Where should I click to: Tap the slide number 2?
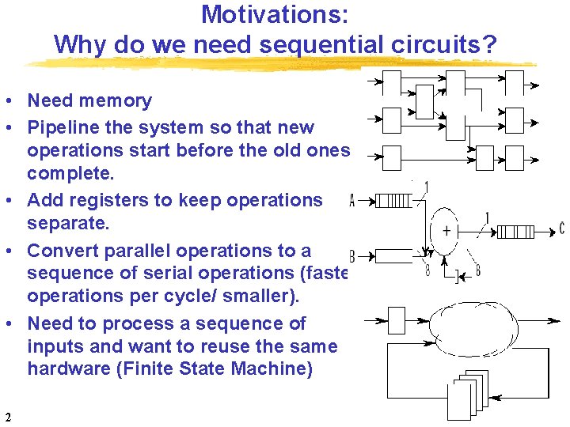(7, 417)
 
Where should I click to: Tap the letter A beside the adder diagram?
(352, 202)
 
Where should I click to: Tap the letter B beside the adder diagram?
(351, 256)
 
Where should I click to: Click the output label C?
(561, 229)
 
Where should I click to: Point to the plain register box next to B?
(393, 255)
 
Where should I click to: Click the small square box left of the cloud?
(397, 321)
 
